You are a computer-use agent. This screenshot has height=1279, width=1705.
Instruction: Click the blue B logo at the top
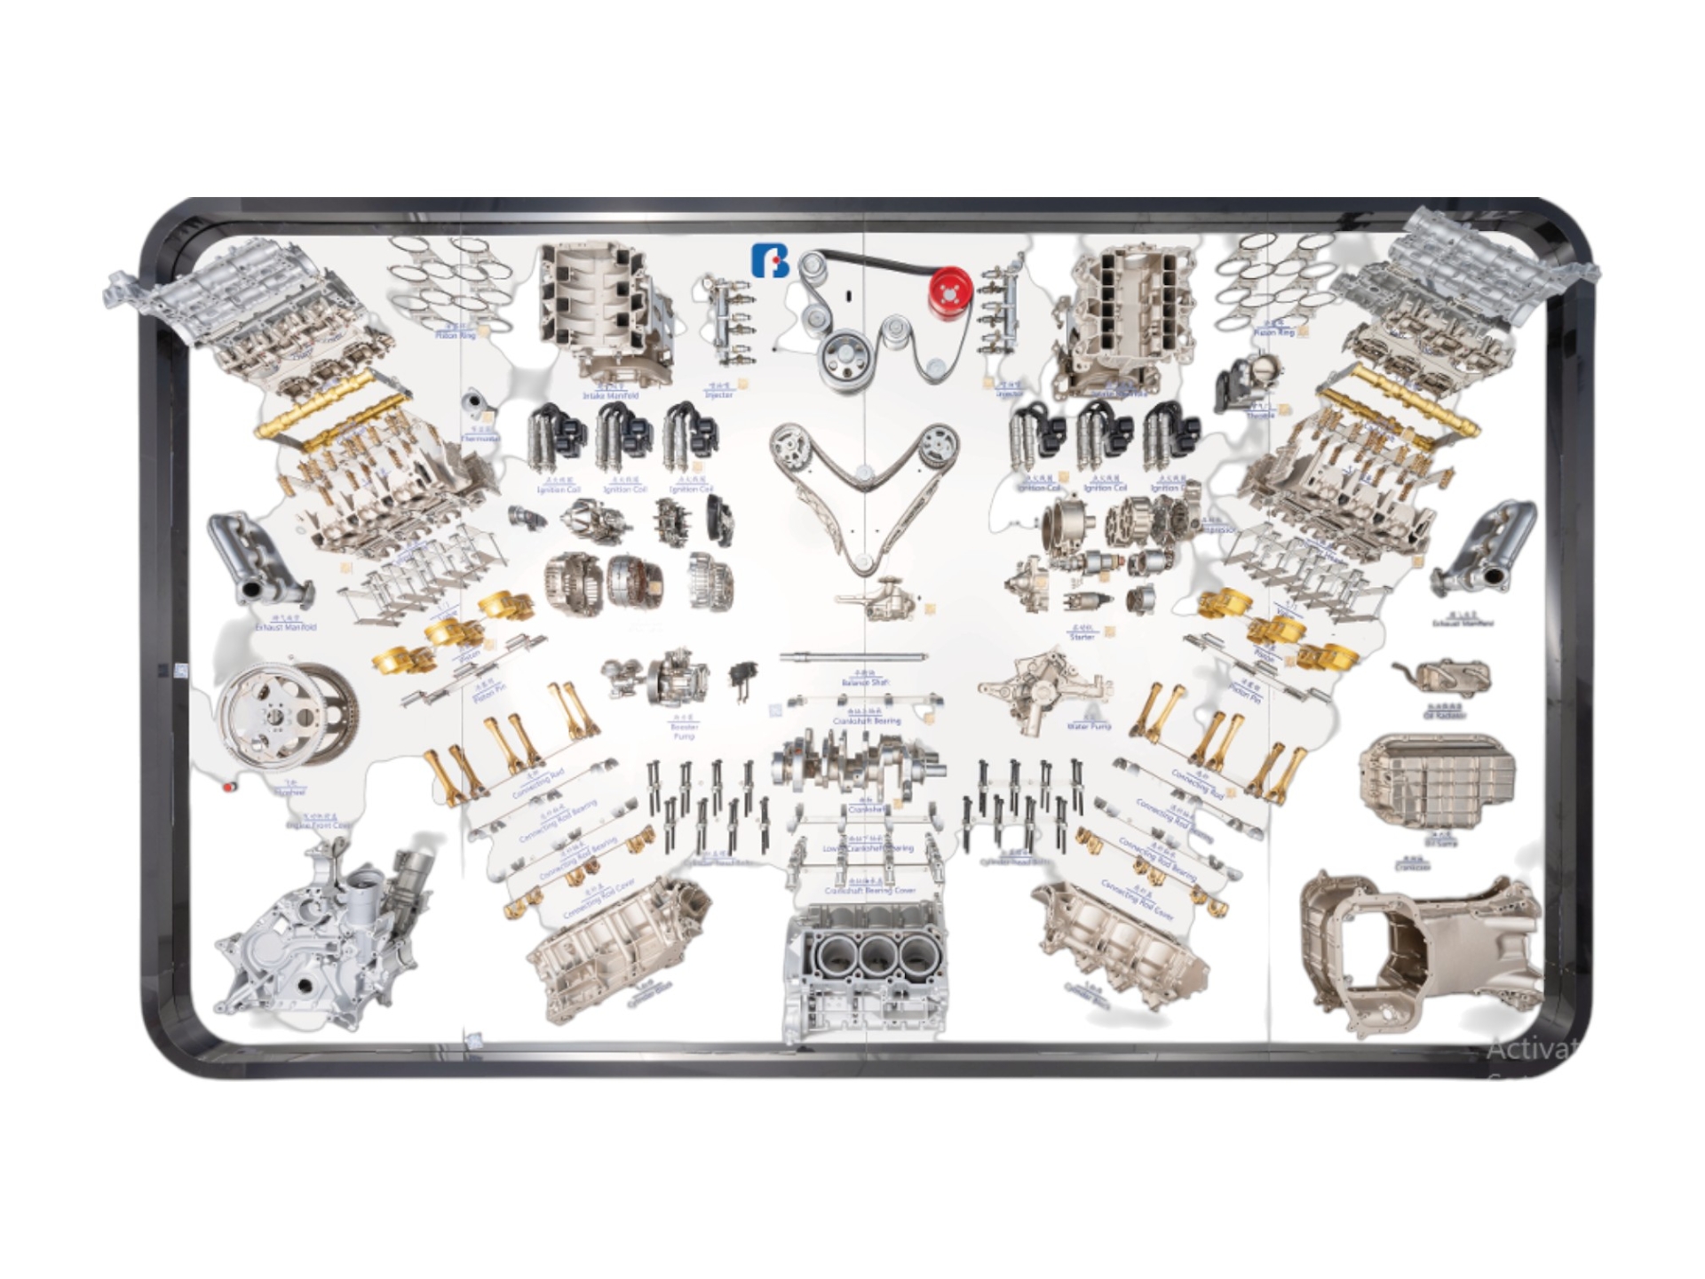pos(769,260)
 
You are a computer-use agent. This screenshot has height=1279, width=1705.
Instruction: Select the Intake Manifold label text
pos(610,395)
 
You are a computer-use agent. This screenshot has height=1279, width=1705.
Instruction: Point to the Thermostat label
pos(480,438)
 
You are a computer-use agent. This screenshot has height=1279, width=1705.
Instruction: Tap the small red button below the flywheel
pos(229,787)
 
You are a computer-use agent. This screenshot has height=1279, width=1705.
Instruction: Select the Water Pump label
pos(1088,726)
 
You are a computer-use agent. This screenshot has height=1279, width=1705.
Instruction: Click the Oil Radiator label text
pos(1445,715)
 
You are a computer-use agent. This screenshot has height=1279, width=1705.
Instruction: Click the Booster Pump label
pos(684,731)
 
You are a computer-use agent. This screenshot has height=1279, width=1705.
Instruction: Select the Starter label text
pos(1082,636)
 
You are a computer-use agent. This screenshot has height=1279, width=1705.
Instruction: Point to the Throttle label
pos(1259,415)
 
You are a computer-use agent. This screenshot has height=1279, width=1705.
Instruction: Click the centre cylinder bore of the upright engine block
pos(872,957)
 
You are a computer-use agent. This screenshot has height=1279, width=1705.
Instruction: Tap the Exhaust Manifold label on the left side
pos(285,627)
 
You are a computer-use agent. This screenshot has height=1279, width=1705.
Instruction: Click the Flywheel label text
pos(289,791)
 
